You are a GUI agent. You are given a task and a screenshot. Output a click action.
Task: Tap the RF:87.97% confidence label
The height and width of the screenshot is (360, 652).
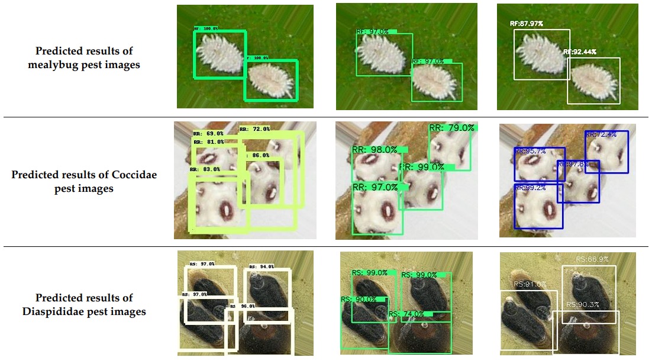526,24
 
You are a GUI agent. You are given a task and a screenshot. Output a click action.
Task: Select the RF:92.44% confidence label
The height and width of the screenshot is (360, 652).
580,52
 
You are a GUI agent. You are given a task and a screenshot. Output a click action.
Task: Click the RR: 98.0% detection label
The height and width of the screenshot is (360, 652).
375,150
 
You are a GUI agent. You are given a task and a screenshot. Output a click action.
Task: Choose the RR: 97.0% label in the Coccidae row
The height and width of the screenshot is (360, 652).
375,187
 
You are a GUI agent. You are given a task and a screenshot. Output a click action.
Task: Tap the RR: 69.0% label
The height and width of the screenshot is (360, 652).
208,134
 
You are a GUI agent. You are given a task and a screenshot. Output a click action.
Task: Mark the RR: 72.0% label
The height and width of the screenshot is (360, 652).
254,128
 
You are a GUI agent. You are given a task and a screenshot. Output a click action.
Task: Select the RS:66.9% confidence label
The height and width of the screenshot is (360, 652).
592,259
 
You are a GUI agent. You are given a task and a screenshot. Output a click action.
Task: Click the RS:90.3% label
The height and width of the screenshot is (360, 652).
583,304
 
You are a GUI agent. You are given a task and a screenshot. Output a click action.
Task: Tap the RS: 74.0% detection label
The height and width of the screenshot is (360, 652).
406,314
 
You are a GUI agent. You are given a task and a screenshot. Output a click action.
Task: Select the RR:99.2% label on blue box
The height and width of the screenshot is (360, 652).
530,188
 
